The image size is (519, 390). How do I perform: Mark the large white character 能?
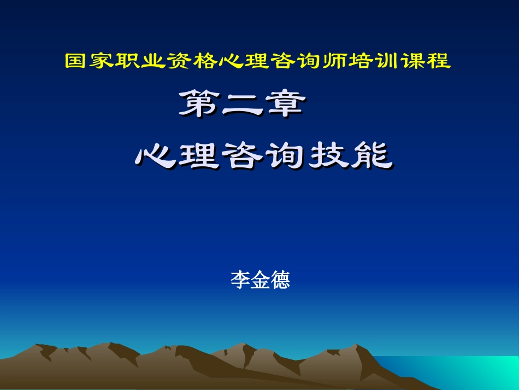tap(370, 155)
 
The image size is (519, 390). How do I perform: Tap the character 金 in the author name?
tap(259, 281)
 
